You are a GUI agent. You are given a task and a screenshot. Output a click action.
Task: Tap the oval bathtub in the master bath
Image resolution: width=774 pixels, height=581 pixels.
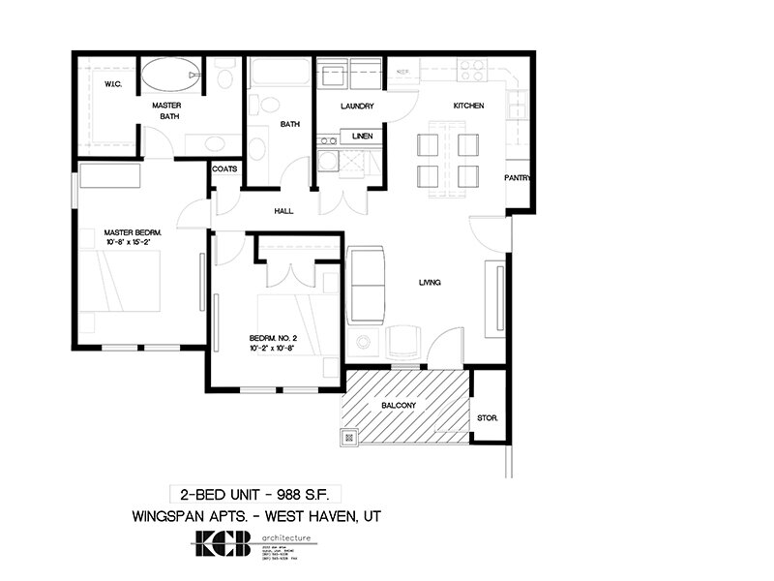171,75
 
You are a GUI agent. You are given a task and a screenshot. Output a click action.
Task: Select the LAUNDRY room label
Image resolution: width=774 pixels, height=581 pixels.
358,106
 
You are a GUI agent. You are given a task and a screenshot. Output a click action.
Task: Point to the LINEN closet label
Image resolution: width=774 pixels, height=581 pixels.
363,136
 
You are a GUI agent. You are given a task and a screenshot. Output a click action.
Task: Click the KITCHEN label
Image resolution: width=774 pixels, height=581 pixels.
468,106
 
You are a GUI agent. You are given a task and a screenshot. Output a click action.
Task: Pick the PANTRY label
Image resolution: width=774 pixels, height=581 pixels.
517,178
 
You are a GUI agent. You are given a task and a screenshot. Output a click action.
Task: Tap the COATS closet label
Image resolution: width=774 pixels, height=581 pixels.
225,168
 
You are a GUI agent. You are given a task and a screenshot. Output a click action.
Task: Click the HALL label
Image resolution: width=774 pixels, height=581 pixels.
283,210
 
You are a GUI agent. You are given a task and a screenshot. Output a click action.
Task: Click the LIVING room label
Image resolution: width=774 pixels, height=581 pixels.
430,283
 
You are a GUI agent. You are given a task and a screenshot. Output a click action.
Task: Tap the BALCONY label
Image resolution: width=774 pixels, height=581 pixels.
400,405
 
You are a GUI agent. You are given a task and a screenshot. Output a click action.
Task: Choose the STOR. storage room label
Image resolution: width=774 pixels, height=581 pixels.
488,418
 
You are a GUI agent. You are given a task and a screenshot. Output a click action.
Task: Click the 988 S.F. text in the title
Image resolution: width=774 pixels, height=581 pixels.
302,491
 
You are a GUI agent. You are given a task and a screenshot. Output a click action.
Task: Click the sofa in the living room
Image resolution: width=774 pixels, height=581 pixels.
367,287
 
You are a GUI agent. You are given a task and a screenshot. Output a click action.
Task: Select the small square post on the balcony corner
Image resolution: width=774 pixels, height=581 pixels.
347,437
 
